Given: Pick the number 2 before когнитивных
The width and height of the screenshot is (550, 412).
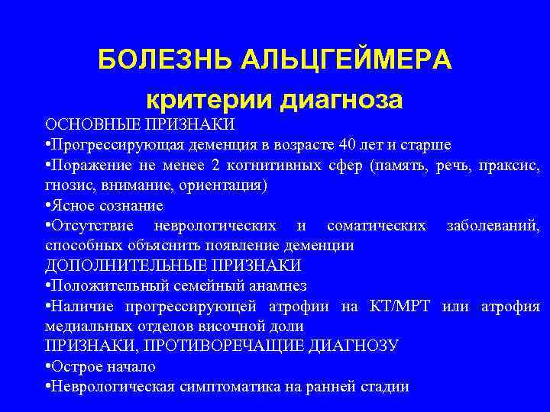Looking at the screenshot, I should point(215,165).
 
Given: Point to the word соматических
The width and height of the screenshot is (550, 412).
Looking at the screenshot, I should point(377,226).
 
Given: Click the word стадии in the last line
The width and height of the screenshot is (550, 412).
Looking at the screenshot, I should point(387,387).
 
